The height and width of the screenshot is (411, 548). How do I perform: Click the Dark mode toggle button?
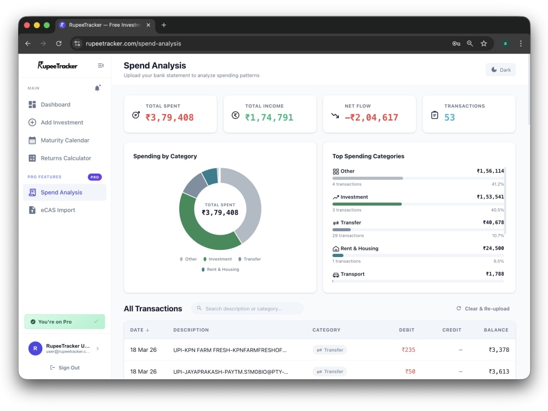500,70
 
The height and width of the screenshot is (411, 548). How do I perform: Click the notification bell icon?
97,88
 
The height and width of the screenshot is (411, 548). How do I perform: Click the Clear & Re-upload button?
483,309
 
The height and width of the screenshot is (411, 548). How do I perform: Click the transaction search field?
247,309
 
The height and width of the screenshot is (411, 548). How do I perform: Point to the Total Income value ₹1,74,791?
269,117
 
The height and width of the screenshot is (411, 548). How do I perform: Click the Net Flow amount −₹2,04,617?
371,117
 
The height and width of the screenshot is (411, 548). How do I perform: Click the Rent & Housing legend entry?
220,270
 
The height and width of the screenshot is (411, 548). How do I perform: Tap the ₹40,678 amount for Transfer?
493,222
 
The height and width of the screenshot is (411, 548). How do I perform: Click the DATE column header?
139,330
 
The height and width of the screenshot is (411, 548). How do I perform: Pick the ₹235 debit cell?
408,350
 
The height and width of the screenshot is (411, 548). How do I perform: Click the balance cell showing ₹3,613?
499,372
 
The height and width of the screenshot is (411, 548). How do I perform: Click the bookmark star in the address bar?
484,43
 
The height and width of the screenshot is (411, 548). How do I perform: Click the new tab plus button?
163,25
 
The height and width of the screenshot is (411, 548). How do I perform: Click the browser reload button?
59,43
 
